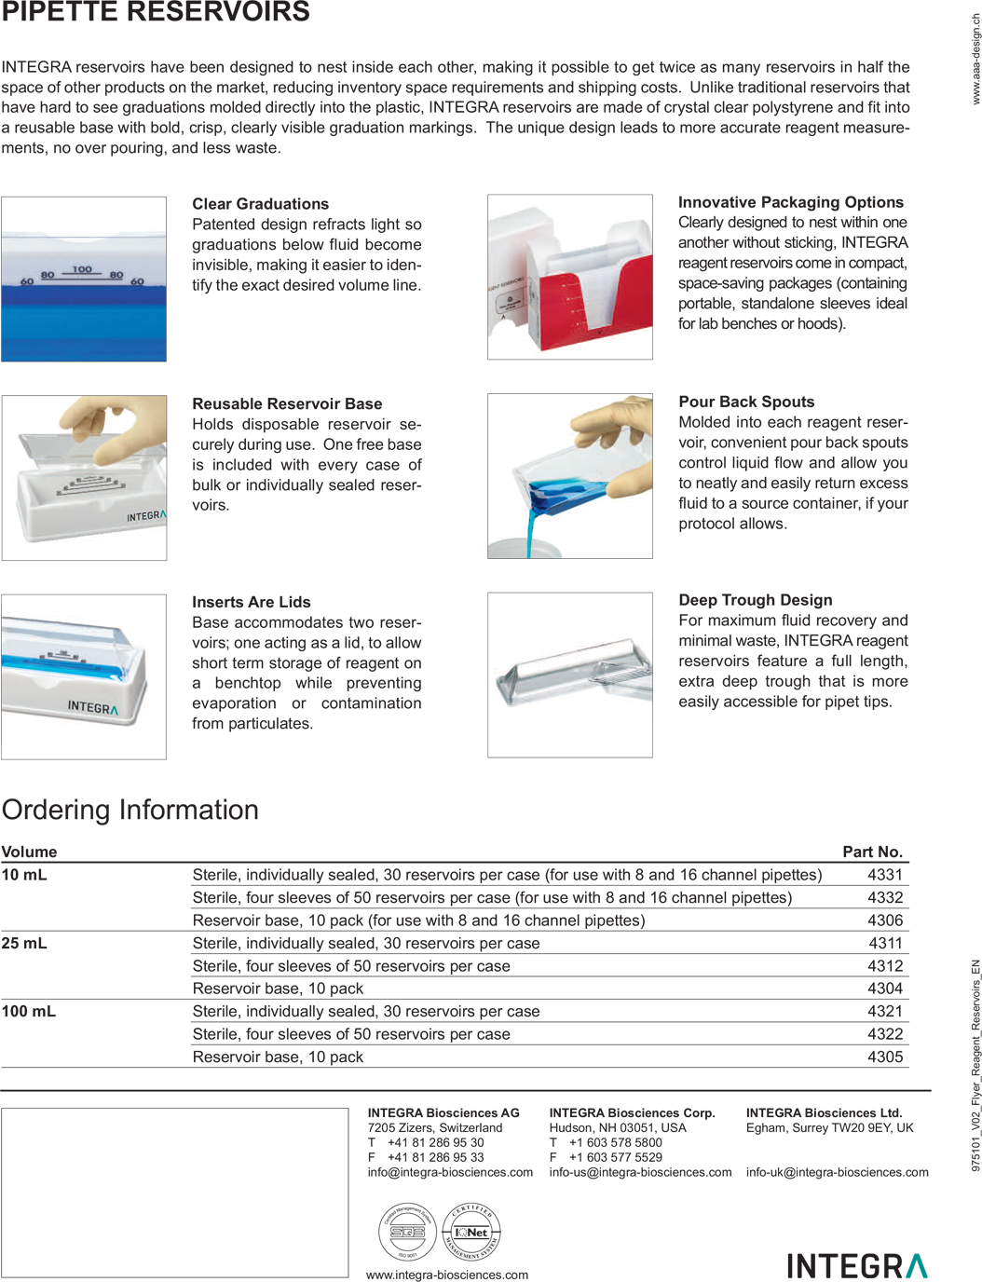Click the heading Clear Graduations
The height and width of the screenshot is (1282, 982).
point(260,204)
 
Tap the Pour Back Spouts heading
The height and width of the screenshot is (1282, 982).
point(746,402)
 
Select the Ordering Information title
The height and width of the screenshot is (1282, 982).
point(130,810)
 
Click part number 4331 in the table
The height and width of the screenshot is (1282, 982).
point(884,875)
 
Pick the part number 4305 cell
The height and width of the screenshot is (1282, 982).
point(884,1057)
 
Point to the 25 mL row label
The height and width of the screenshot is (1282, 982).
point(24,943)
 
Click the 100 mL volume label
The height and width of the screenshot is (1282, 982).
point(29,1011)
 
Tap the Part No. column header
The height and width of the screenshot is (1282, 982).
point(872,852)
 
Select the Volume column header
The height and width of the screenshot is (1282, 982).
point(29,852)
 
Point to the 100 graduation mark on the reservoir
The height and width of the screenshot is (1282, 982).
point(82,269)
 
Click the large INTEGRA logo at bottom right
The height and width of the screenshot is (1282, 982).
point(856,1265)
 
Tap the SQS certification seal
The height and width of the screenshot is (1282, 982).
point(407,1231)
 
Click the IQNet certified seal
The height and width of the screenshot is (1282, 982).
point(472,1231)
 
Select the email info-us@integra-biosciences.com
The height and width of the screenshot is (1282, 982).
point(640,1172)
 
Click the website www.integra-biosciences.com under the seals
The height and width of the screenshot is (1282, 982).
point(446,1275)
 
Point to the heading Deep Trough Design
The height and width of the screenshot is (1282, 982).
point(755,600)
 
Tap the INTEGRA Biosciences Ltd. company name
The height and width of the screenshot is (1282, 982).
point(824,1112)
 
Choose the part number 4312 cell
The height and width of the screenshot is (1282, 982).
point(884,966)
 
